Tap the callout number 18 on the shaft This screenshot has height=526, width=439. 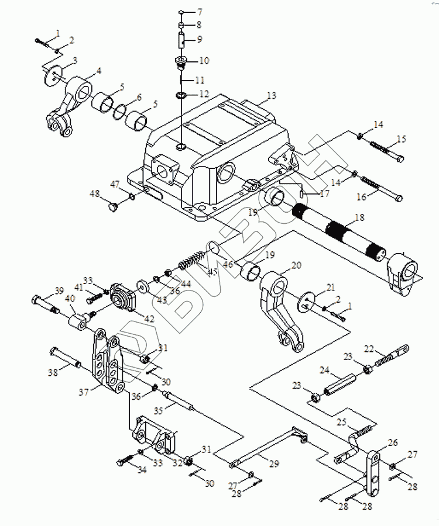pos(359,217)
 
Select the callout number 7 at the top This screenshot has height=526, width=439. pos(200,12)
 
